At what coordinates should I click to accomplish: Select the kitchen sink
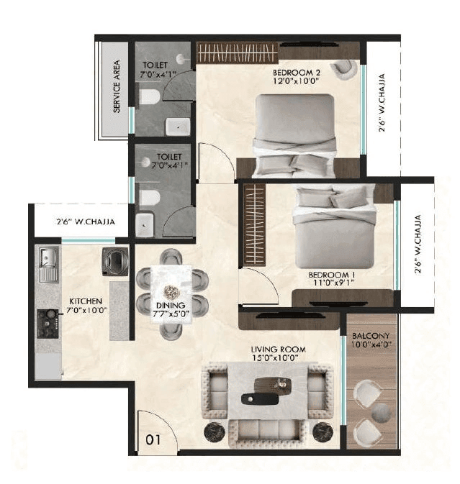(48, 260)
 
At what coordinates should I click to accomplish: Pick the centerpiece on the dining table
(171, 291)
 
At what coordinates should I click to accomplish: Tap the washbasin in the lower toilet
(145, 225)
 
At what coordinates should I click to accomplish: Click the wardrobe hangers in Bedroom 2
(236, 52)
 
